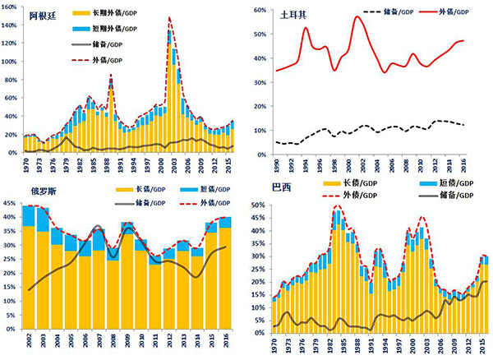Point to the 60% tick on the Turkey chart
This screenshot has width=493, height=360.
point(265,11)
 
